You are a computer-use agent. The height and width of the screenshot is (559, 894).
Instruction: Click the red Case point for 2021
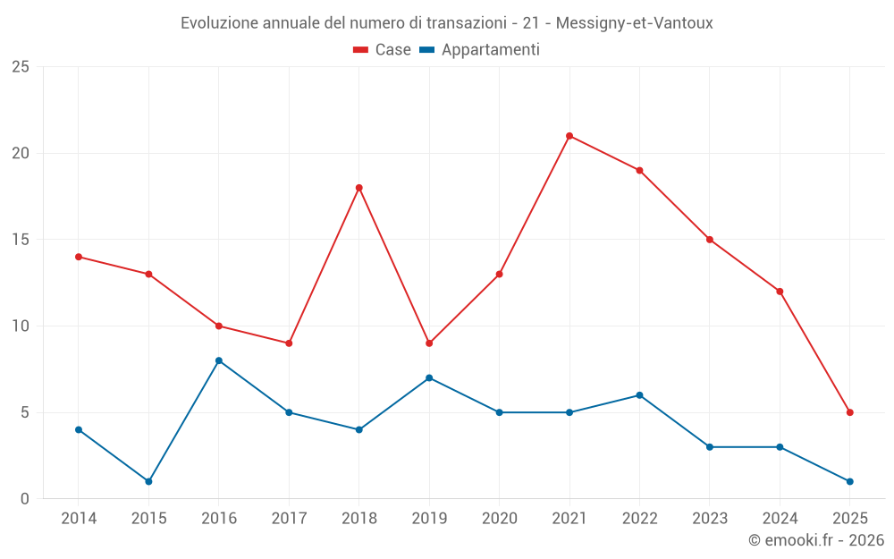(x=569, y=136)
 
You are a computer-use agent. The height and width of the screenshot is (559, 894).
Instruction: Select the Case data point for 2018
(x=358, y=188)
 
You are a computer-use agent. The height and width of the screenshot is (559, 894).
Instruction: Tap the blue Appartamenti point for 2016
(x=218, y=360)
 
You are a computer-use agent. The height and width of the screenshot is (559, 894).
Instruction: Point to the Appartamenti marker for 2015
(x=148, y=481)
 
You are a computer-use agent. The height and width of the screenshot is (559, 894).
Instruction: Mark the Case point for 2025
(x=849, y=412)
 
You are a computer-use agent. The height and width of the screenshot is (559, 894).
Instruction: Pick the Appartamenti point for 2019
(x=429, y=377)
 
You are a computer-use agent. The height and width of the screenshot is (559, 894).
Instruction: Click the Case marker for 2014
(x=79, y=257)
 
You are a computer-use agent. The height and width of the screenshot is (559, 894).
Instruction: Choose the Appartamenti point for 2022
(x=639, y=395)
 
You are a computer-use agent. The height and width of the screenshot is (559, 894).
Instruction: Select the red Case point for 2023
(x=710, y=240)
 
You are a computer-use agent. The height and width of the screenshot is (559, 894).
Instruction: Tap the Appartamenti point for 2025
(x=849, y=481)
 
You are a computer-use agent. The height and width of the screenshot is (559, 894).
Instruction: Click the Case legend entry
(x=383, y=50)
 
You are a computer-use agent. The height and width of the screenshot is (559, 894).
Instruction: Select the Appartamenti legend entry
(x=480, y=50)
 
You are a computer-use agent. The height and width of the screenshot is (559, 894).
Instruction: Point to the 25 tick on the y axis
(x=21, y=67)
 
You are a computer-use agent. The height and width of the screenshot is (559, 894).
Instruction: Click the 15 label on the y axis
(x=21, y=240)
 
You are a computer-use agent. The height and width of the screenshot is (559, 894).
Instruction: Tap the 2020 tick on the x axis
(x=499, y=519)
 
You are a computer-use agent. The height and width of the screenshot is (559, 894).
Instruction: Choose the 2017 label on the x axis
(x=289, y=519)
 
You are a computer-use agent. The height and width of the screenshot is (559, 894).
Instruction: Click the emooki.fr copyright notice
(x=816, y=540)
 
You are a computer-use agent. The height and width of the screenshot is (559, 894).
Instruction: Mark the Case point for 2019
(x=429, y=343)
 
